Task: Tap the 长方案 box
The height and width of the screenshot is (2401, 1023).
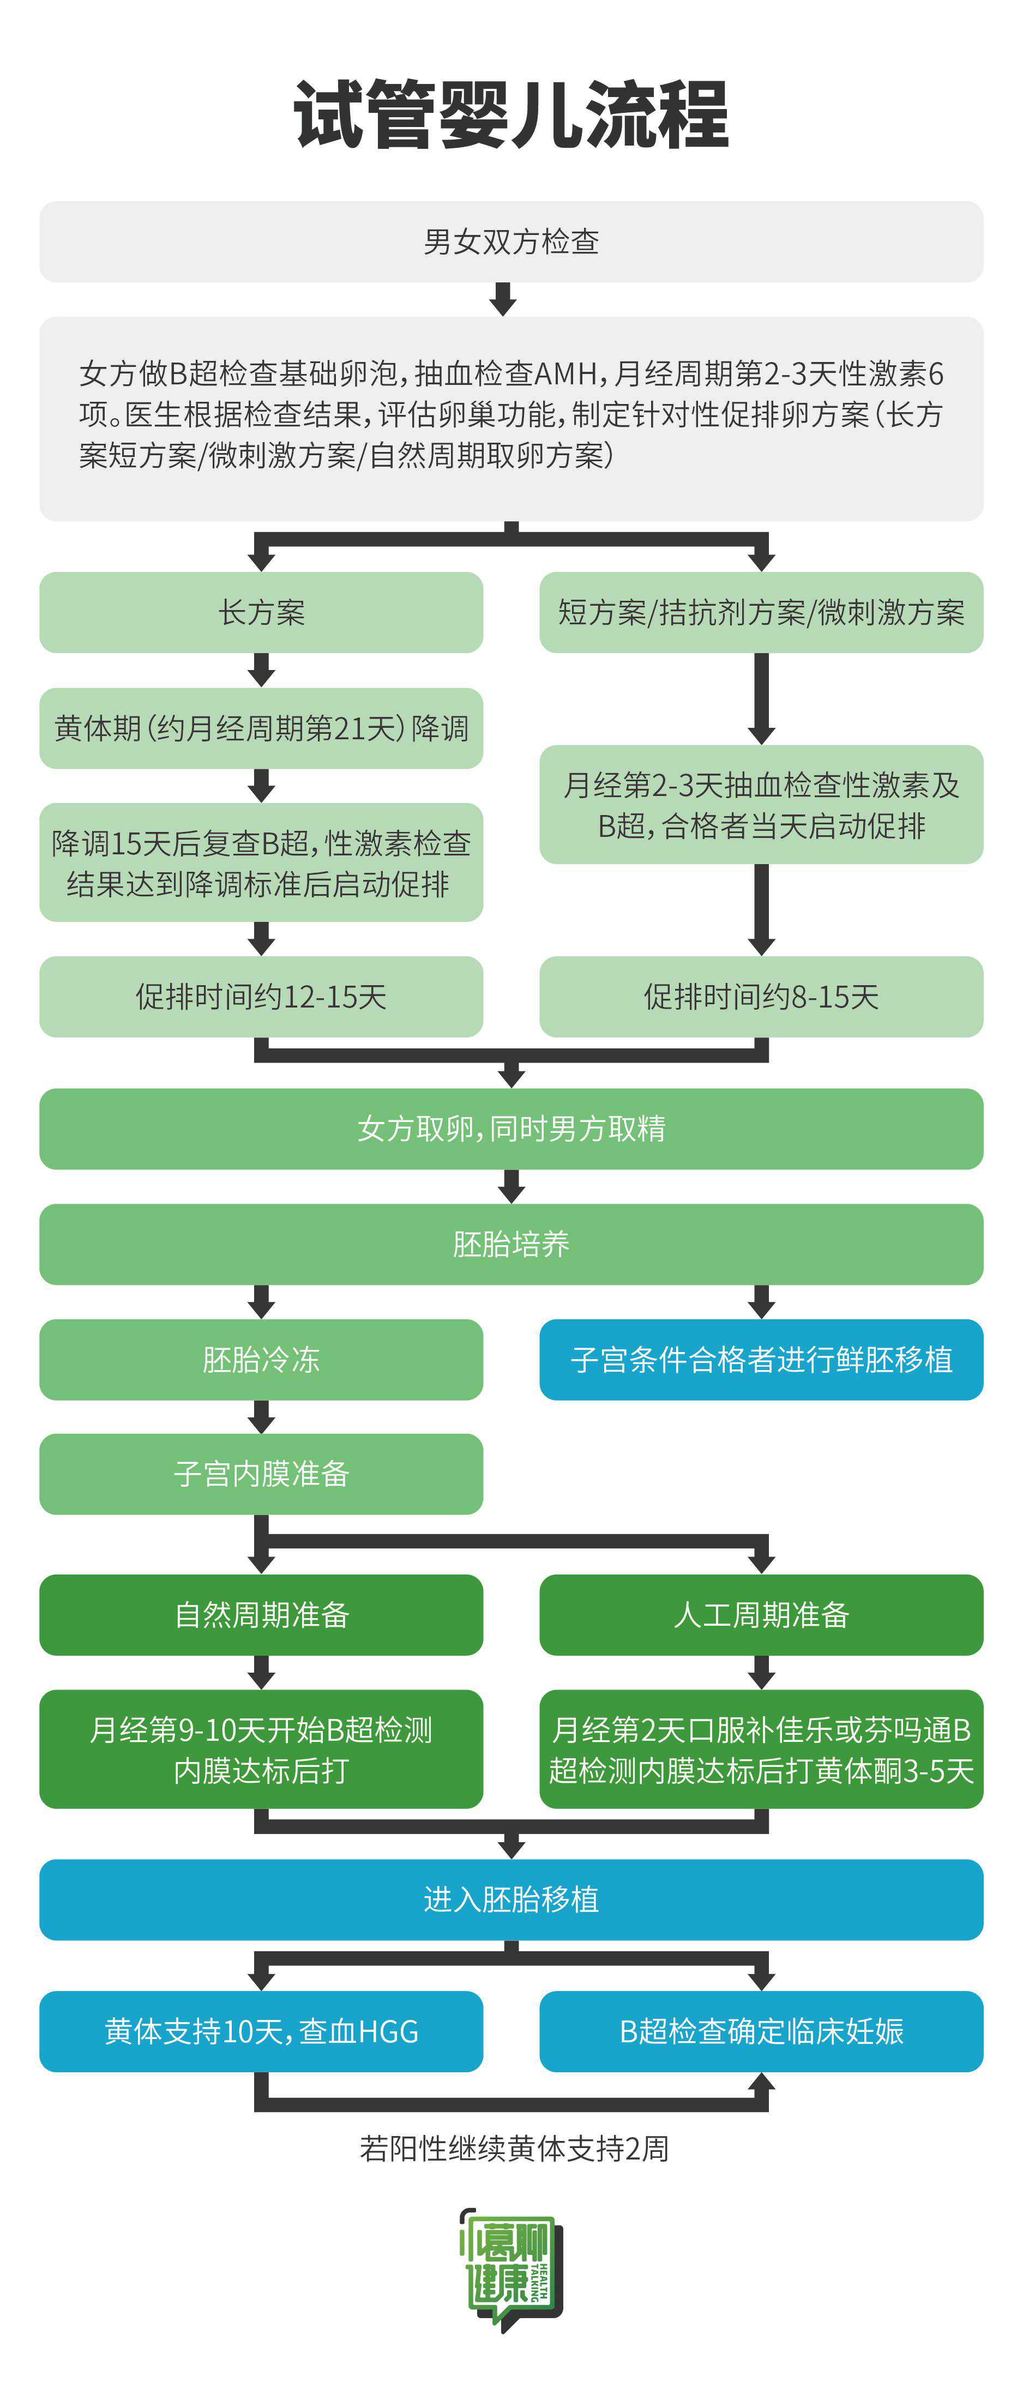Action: click(x=261, y=612)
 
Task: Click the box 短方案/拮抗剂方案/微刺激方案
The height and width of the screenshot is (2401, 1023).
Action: click(x=761, y=612)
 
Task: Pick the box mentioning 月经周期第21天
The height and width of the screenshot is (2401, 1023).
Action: click(x=261, y=728)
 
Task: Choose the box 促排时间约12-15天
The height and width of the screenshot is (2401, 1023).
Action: click(x=261, y=997)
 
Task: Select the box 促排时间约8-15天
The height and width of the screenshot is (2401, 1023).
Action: click(x=761, y=997)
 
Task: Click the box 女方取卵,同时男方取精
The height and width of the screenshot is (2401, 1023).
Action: click(x=511, y=1129)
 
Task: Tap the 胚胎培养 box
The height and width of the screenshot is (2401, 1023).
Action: click(x=511, y=1244)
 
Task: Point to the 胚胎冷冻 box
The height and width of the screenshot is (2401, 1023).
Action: click(x=261, y=1360)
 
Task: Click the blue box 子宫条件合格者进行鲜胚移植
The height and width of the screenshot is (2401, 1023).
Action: click(x=761, y=1360)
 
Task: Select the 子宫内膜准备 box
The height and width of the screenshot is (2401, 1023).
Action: click(x=261, y=1474)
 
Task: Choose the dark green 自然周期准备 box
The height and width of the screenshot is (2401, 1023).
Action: click(x=261, y=1614)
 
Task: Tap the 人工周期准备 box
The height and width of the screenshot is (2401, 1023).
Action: click(x=761, y=1614)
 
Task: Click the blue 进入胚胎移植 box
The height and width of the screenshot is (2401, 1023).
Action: click(x=511, y=1899)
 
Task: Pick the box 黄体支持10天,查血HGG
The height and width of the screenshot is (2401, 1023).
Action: click(x=261, y=2031)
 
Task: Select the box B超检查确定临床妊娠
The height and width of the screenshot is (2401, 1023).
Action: click(x=761, y=2031)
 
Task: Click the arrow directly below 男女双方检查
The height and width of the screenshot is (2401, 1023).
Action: click(x=503, y=299)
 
